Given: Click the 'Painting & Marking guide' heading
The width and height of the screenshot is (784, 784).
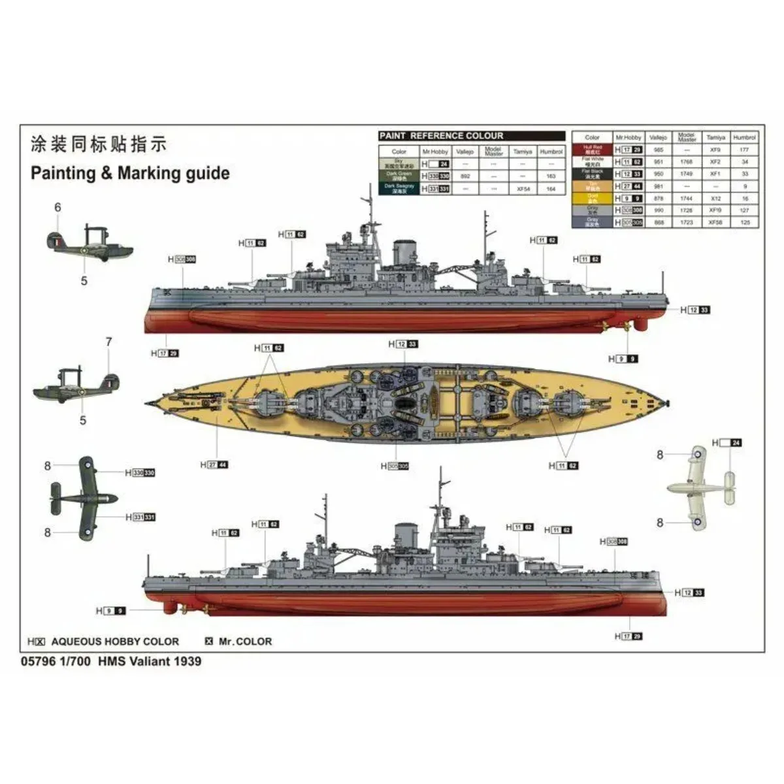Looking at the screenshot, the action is click(130, 173).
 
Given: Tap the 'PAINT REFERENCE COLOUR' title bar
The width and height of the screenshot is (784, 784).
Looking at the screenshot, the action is click(442, 136).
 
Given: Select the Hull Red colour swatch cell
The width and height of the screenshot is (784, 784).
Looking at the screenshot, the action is click(592, 150).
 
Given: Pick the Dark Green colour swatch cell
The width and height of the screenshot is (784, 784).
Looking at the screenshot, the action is click(399, 176).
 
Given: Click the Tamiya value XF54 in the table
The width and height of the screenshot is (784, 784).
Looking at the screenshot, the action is click(523, 189).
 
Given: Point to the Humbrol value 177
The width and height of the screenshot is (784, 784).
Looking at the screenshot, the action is click(745, 150).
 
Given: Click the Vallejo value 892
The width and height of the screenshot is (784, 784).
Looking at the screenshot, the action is click(465, 176).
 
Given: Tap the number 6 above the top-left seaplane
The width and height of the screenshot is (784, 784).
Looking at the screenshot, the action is click(57, 208).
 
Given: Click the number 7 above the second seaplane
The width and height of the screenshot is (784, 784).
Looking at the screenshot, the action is click(109, 342).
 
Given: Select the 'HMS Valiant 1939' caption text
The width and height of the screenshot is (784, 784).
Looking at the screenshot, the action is click(150, 661).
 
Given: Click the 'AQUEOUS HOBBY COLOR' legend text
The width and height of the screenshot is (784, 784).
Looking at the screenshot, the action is click(114, 642).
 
